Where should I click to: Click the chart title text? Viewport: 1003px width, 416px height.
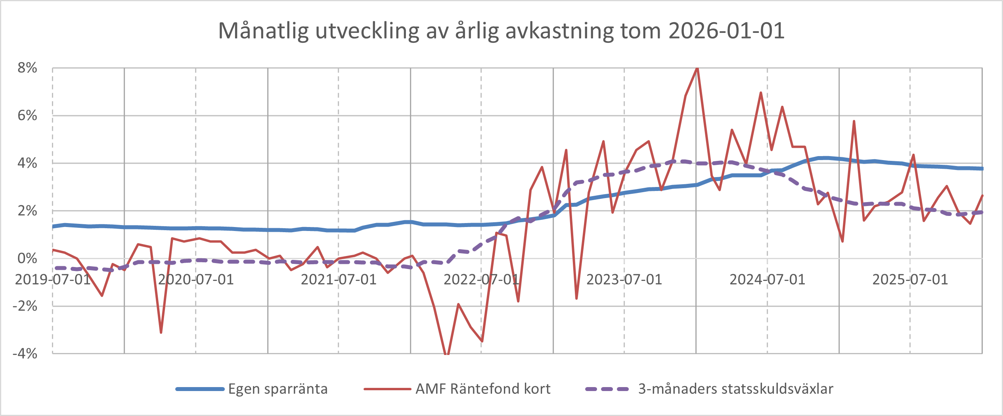pyautogui.click(x=501, y=31)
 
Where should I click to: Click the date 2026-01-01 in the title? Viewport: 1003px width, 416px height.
pyautogui.click(x=726, y=31)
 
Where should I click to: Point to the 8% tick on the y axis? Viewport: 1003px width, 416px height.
pyautogui.click(x=27, y=68)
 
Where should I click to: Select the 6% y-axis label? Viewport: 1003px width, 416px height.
pyautogui.click(x=27, y=116)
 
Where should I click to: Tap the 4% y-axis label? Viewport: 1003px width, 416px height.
pyautogui.click(x=27, y=163)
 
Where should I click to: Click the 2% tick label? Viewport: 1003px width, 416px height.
pyautogui.click(x=27, y=211)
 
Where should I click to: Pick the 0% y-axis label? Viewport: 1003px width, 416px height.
pyautogui.click(x=27, y=258)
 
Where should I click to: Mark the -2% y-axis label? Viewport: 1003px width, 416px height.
pyautogui.click(x=25, y=306)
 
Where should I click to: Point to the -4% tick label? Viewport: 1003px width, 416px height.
pyautogui.click(x=25, y=353)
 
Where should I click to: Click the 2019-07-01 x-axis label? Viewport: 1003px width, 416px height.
pyautogui.click(x=53, y=280)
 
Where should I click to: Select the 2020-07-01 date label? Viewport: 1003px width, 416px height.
pyautogui.click(x=196, y=280)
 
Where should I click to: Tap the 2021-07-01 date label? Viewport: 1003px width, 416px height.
pyautogui.click(x=339, y=280)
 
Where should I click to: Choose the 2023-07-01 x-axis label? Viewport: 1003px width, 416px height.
pyautogui.click(x=624, y=280)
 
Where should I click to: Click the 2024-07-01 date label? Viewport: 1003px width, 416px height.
pyautogui.click(x=768, y=280)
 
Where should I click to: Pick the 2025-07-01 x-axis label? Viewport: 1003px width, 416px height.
pyautogui.click(x=910, y=280)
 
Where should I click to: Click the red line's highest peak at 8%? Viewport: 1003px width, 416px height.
pyautogui.click(x=697, y=69)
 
